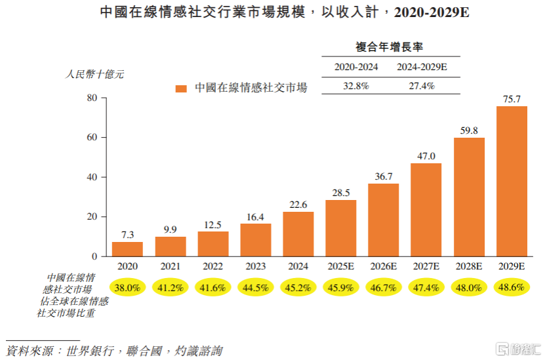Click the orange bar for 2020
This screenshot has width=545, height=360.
pos(127,249)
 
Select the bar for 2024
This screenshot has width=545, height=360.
pos(298,234)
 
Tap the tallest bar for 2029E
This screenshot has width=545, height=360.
pos(512,181)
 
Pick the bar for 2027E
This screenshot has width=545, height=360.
pos(426,210)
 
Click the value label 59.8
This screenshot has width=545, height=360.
pos(469,130)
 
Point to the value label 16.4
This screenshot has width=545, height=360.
pos(255,216)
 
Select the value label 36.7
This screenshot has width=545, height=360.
pos(384,176)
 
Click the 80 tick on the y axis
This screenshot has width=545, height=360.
pos(92,98)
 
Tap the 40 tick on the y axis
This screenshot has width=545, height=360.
pos(92,177)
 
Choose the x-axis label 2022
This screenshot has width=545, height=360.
pos(212,267)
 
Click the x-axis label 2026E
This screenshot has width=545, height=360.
pos(384,267)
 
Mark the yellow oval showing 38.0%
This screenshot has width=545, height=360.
pos(127,287)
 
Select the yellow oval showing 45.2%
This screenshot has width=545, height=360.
pos(298,287)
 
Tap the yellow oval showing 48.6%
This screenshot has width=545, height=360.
pos(512,287)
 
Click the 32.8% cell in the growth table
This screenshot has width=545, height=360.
pos(356,86)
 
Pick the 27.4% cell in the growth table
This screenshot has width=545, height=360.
pos(422,86)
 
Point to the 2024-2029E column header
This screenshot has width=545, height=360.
pos(422,67)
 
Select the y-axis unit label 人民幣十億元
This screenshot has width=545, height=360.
pos(95,74)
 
